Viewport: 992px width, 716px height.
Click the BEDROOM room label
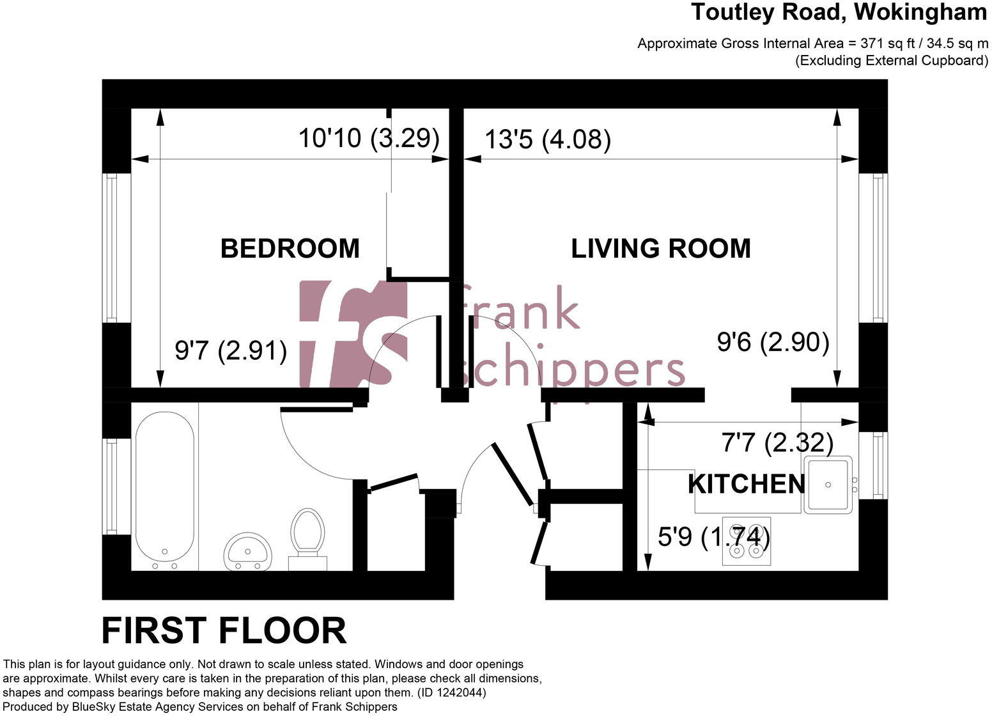pyautogui.click(x=290, y=249)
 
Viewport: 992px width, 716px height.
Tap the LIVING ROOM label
pyautogui.click(x=660, y=249)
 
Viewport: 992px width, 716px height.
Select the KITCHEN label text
pyautogui.click(x=746, y=484)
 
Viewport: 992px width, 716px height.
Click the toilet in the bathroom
pyautogui.click(x=307, y=536)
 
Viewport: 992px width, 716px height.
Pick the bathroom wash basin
pyautogui.click(x=248, y=550)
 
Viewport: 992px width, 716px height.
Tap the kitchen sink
pyautogui.click(x=828, y=485)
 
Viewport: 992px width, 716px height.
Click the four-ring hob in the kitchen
pyautogui.click(x=746, y=541)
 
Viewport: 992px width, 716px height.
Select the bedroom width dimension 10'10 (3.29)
pyautogui.click(x=369, y=138)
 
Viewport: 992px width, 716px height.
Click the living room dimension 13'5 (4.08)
pyautogui.click(x=547, y=139)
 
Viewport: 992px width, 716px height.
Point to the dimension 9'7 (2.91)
pyautogui.click(x=231, y=350)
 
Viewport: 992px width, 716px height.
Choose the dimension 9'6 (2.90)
pyautogui.click(x=773, y=343)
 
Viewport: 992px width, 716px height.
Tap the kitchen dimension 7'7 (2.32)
pyautogui.click(x=777, y=442)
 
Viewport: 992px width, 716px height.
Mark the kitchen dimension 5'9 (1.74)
pyautogui.click(x=713, y=537)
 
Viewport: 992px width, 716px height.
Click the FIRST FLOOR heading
pyautogui.click(x=224, y=631)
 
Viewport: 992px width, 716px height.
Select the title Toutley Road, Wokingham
pyautogui.click(x=839, y=12)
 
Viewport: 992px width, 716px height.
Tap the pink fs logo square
pyautogui.click(x=353, y=334)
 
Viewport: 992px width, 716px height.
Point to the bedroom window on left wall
pyautogui.click(x=112, y=248)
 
